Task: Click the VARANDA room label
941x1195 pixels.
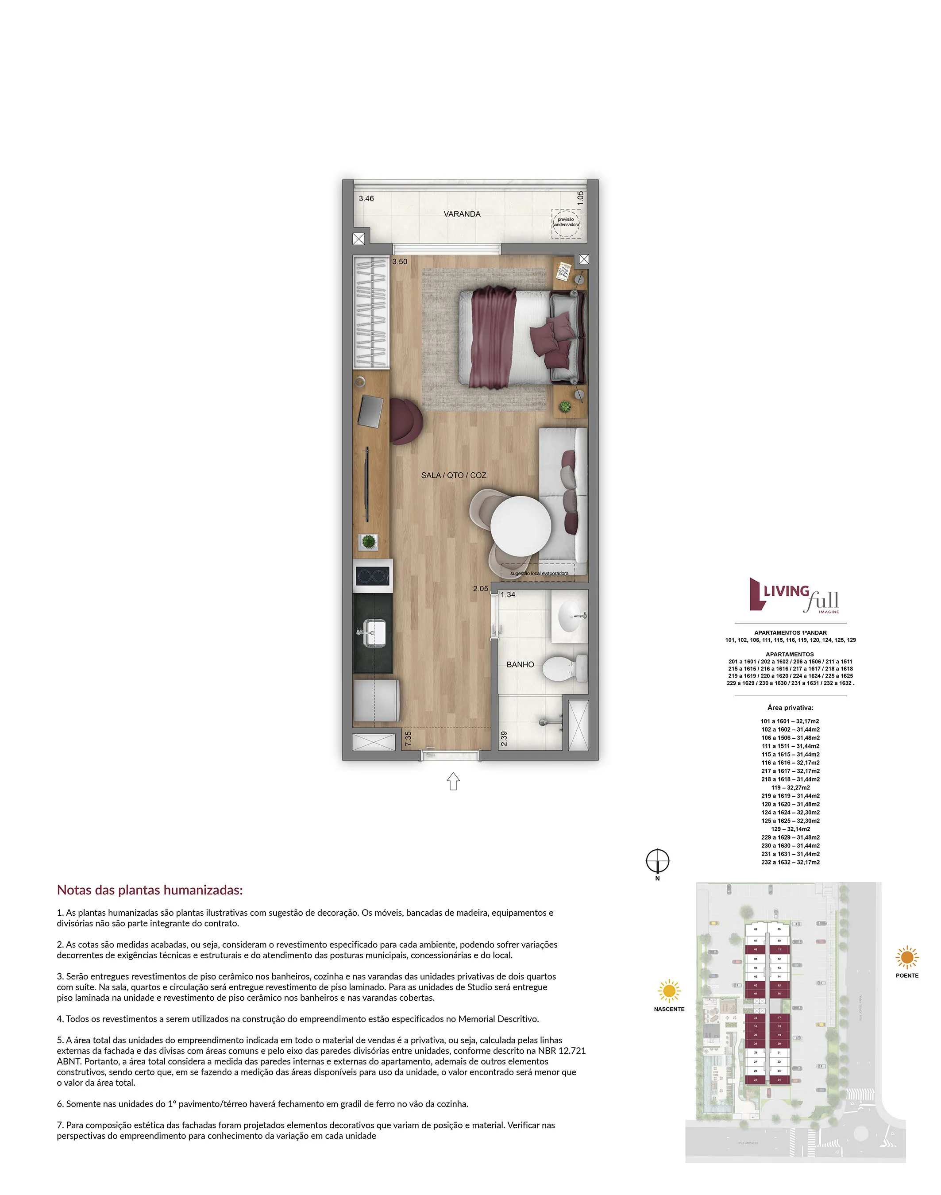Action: (x=462, y=214)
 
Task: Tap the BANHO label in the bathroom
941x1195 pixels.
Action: (x=520, y=664)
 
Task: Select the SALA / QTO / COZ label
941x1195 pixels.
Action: (x=453, y=475)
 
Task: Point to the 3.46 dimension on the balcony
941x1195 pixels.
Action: (x=366, y=198)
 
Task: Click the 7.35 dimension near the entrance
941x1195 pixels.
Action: (x=408, y=738)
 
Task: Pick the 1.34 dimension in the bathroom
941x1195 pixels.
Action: (x=508, y=594)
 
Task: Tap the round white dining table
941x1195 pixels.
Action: (x=521, y=526)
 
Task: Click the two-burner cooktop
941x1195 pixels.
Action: (x=373, y=576)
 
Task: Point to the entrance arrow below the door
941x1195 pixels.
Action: (x=453, y=781)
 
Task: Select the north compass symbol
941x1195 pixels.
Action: (x=657, y=860)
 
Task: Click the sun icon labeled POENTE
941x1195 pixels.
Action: (x=907, y=957)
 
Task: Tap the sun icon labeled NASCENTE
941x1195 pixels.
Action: (x=669, y=991)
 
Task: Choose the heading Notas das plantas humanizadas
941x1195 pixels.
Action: (x=150, y=890)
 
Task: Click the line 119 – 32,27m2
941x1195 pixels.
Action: (x=790, y=787)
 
